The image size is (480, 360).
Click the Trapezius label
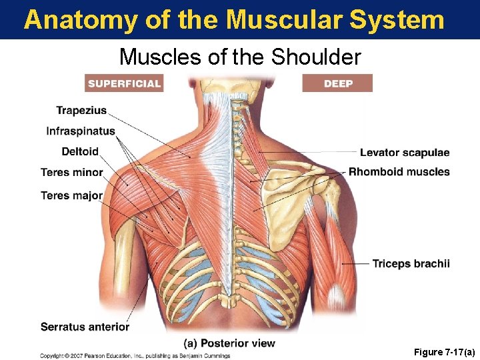click(81, 111)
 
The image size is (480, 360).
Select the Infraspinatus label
click(81, 131)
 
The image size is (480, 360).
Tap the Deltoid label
click(80, 151)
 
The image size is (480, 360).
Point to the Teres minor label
click(72, 173)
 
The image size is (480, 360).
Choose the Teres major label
click(72, 195)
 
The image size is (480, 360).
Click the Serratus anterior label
click(85, 327)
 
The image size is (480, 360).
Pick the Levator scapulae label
click(405, 153)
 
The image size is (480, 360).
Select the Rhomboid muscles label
click(399, 172)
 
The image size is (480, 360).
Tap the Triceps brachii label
click(411, 264)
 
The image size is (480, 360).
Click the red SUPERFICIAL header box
click(125, 83)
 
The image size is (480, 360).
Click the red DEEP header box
click(338, 83)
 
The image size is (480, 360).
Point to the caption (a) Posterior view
click(229, 343)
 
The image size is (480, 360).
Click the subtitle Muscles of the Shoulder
click(240, 57)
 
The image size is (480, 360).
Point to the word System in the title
click(402, 20)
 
